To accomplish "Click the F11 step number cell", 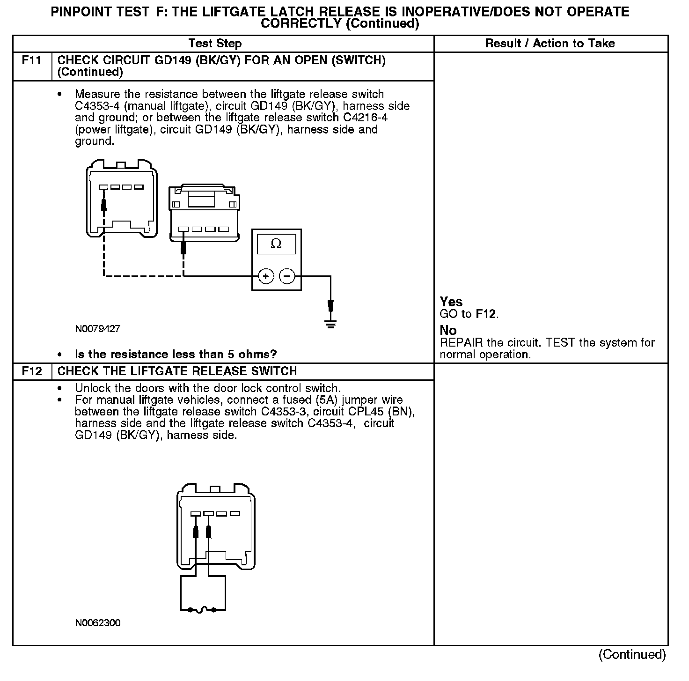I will (31, 60).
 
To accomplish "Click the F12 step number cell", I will (31, 371).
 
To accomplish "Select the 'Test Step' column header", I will (215, 44).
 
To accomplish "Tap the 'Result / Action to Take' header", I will (550, 44).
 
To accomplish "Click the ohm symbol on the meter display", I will (276, 244).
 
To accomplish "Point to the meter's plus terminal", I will (266, 276).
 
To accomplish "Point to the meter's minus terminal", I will (287, 276).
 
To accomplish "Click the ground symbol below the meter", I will (330, 324).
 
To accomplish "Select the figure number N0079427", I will (97, 329).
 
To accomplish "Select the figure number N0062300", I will (97, 623).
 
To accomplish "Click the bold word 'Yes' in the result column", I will (451, 302).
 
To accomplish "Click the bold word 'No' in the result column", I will (448, 331).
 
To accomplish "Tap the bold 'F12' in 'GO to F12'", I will (485, 314).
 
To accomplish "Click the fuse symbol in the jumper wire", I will (202, 610).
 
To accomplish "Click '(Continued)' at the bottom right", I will (632, 654).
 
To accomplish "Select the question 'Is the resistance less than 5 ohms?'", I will (176, 354).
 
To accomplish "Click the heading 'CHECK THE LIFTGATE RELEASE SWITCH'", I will (177, 371).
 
